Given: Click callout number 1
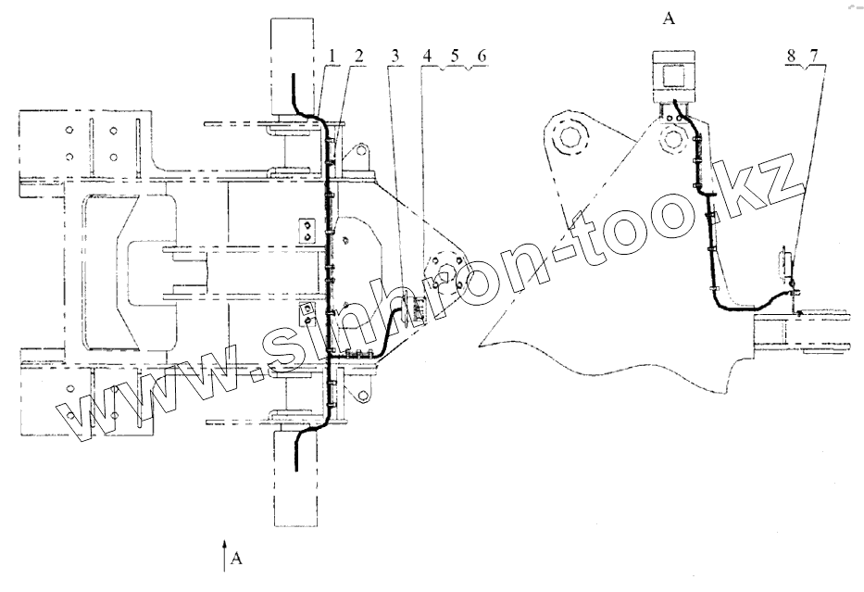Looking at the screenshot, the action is (331, 57).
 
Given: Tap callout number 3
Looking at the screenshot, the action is (396, 57).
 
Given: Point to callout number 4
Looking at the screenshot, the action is (427, 57).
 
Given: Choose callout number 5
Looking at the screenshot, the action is (454, 57).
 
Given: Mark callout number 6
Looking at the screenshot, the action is (481, 57).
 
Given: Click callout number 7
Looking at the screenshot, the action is (814, 57).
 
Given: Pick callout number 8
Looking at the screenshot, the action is (792, 57).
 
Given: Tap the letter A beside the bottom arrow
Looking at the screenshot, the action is (237, 558).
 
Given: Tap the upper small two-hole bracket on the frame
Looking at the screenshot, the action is (308, 230).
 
